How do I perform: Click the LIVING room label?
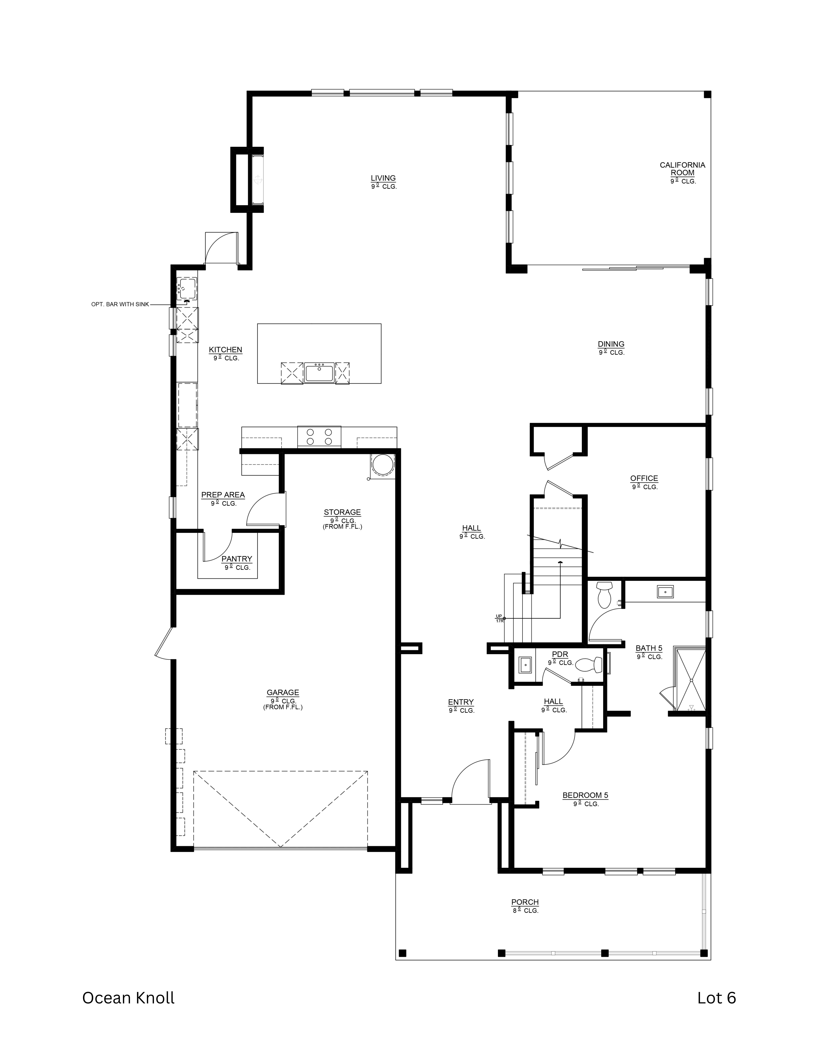click(383, 178)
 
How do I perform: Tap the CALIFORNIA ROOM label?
click(682, 169)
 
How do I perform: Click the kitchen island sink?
click(319, 373)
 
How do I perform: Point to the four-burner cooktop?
click(319, 437)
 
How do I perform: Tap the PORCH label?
click(525, 902)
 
